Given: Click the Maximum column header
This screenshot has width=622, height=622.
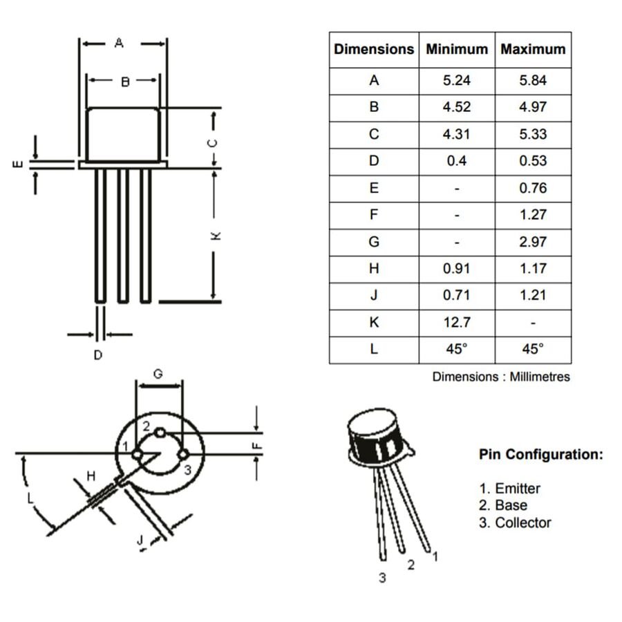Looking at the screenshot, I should [533, 50].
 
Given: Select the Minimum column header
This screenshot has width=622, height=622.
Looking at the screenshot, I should [457, 50].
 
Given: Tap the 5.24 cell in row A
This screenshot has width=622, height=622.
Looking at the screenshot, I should [457, 80].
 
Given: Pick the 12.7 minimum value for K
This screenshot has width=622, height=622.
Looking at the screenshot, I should [457, 322].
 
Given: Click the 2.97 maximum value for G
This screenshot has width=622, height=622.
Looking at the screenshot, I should [533, 242].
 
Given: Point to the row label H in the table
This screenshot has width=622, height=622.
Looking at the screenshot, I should [374, 269].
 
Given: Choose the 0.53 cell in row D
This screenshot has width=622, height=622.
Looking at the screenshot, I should [533, 161].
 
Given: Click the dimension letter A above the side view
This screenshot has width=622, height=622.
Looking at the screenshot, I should [119, 43].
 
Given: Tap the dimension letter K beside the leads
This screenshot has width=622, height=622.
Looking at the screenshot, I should [216, 236].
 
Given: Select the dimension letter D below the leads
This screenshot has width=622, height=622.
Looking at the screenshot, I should [98, 355].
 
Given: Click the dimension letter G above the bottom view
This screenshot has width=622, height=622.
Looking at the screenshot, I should [158, 374].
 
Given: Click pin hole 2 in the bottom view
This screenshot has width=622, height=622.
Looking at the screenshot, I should [160, 433].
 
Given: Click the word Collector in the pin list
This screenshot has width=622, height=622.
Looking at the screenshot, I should [523, 523].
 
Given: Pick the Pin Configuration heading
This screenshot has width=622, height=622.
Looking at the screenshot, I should [540, 455].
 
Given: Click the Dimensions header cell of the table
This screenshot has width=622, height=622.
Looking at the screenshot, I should [374, 50].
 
